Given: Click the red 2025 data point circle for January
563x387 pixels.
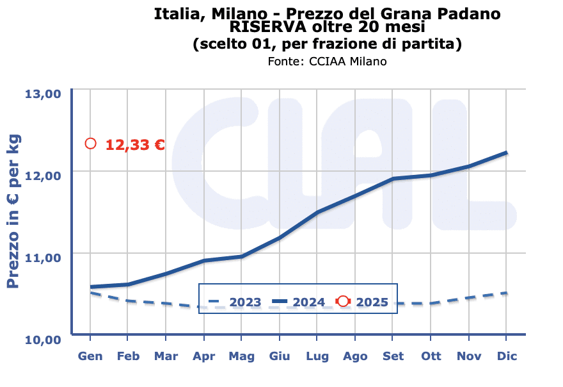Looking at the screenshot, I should [x=91, y=144].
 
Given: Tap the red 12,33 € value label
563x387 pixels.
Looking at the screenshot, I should [x=135, y=145].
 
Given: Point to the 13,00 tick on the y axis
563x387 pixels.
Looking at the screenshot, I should [x=43, y=94].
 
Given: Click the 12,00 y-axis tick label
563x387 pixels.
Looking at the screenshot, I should [x=43, y=175].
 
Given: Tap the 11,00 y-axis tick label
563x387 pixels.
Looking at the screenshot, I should [x=43, y=257].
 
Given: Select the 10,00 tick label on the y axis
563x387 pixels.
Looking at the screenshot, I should [x=43, y=339].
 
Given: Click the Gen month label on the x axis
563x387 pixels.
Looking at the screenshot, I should [x=90, y=356].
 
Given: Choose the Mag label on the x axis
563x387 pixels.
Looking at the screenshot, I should [x=241, y=356].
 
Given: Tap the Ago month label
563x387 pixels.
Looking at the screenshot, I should [x=355, y=356].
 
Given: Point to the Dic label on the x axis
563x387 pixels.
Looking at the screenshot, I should [x=507, y=356].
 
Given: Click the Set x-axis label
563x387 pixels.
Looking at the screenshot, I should [x=393, y=356].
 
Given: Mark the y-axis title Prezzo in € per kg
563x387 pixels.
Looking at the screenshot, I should [x=13, y=211].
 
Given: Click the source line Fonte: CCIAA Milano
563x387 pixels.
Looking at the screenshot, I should [x=327, y=62].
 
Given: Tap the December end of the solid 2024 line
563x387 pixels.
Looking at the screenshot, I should [x=507, y=152].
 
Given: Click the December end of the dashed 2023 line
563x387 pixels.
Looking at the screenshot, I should [x=507, y=293].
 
